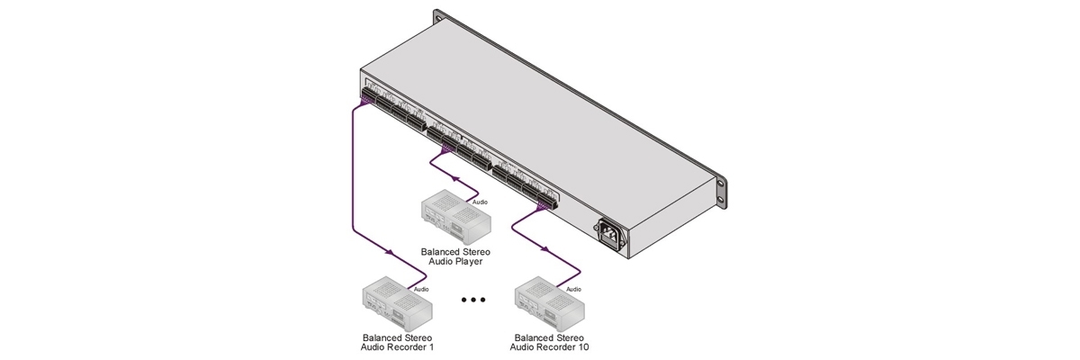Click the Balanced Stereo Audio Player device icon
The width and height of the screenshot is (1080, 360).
click(455, 217)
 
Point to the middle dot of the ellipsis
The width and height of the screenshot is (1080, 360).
click(472, 300)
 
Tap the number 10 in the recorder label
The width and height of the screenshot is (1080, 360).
click(582, 346)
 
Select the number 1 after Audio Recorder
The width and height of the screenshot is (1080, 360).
click(419, 346)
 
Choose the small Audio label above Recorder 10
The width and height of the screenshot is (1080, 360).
click(573, 290)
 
